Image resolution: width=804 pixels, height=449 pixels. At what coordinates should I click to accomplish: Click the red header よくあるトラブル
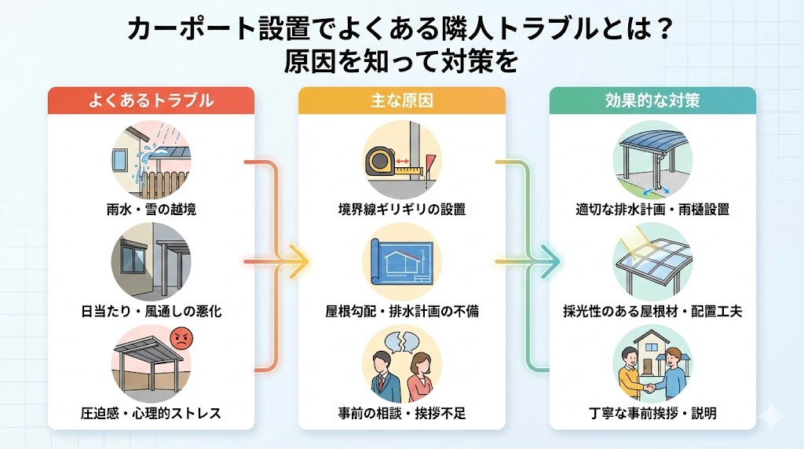[x=151, y=101]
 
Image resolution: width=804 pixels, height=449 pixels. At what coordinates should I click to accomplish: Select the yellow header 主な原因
[x=401, y=101]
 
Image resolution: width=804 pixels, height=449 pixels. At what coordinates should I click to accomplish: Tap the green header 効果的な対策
[x=652, y=101]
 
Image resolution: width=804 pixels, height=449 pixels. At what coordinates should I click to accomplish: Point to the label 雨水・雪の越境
[x=151, y=210]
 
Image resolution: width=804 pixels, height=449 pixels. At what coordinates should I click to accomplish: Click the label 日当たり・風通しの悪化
[x=151, y=312]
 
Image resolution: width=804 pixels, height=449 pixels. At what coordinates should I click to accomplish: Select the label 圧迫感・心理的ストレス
[x=151, y=413]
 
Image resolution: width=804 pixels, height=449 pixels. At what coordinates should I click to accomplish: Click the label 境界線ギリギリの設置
[x=401, y=210]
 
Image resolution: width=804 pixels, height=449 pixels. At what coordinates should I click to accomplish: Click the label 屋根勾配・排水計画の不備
[x=401, y=312]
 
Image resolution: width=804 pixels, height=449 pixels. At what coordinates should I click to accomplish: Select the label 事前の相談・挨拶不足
[x=401, y=413]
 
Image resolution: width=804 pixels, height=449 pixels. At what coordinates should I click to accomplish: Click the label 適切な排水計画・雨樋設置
[x=652, y=210]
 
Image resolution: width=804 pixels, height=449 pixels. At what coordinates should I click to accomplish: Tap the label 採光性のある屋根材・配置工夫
[x=652, y=312]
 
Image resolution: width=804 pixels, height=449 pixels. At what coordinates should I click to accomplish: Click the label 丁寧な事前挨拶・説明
[x=652, y=413]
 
